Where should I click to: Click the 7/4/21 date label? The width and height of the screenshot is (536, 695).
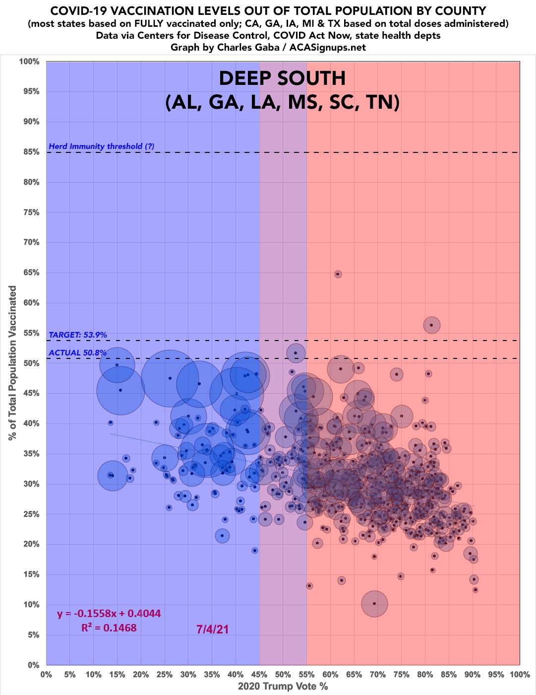[x=213, y=629]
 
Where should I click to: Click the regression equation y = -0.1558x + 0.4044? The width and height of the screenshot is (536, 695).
[x=109, y=614]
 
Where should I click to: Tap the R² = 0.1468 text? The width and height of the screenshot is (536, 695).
[x=109, y=627]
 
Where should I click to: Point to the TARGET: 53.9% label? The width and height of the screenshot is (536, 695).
[x=78, y=335]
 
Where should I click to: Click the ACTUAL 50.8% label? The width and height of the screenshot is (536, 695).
[x=78, y=353]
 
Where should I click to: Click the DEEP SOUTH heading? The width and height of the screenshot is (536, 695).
[x=282, y=78]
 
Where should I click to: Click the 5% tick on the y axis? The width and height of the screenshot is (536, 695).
[x=31, y=635]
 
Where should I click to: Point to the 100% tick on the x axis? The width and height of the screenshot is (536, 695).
[x=519, y=675]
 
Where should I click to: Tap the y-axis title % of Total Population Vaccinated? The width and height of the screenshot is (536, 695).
[x=12, y=363]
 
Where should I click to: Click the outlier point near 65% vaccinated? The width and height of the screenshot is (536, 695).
[x=338, y=274]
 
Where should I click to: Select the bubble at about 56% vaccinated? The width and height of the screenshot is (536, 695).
[x=431, y=325]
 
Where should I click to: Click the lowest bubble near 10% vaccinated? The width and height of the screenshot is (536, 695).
[x=374, y=604]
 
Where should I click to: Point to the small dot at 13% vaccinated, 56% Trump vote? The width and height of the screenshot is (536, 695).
[x=310, y=586]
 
